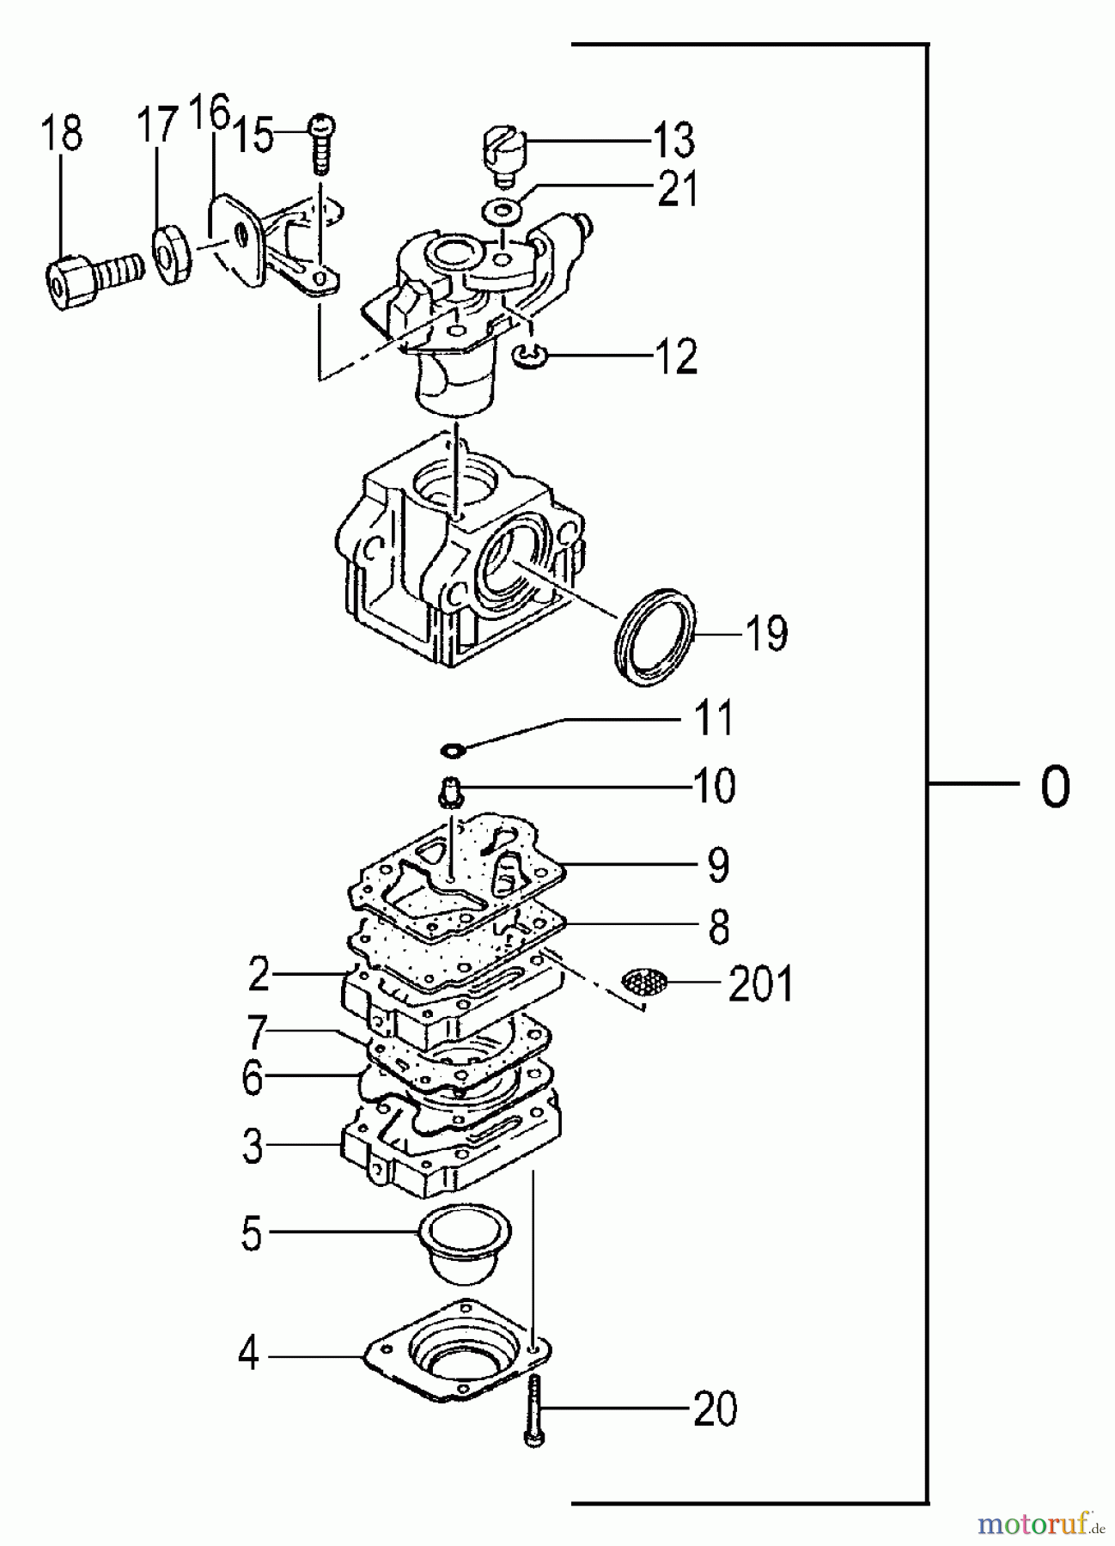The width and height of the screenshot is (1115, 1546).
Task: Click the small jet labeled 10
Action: (x=451, y=790)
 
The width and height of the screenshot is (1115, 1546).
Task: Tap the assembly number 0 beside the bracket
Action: (x=1056, y=785)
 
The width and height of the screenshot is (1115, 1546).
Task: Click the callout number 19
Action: (x=766, y=634)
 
